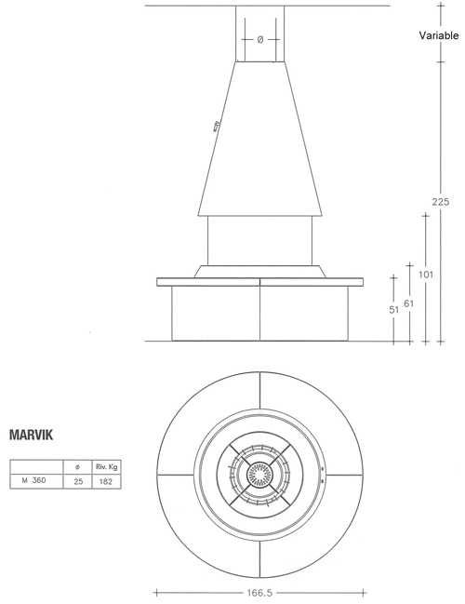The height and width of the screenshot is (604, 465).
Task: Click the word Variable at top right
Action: coord(439,35)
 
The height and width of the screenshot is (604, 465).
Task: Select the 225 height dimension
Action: coord(441,201)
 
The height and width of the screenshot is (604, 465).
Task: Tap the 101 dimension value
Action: coord(426,275)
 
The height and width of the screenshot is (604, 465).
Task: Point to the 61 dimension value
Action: coord(409,303)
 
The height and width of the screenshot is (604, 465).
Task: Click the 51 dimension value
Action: coord(393,310)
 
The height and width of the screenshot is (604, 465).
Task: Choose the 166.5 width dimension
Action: coord(259,593)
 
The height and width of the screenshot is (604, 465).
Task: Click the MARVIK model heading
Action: coord(32,435)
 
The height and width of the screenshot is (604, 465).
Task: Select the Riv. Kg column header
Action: coord(106,467)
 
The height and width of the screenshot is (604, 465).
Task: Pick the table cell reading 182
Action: coord(106,481)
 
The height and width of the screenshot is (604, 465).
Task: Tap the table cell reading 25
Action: coord(78,481)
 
